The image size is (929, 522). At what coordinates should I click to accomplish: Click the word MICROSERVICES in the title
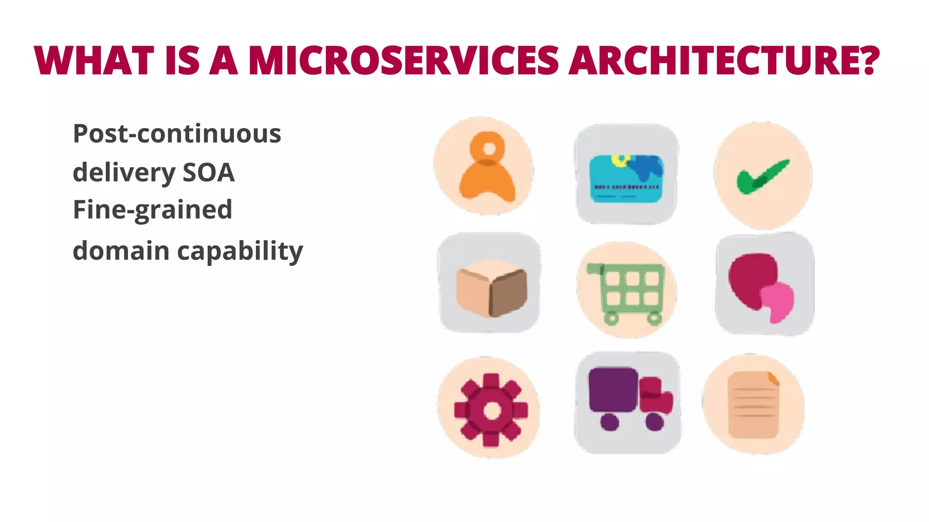pos(404,60)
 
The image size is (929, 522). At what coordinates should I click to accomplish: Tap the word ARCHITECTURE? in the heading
pos(724,60)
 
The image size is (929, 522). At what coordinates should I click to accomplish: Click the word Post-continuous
pos(177,134)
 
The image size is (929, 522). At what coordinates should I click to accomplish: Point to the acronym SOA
pos(208,173)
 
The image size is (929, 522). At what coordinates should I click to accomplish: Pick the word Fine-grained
pos(152,210)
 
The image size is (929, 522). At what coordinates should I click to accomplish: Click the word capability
pos(240,251)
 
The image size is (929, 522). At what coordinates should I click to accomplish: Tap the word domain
pos(121,251)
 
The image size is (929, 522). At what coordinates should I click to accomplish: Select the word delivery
pos(124,173)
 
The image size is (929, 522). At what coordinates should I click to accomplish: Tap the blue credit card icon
pos(626,179)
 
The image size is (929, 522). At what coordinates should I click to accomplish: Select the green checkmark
pos(763,177)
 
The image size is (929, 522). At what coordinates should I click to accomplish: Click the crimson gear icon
pos(491,410)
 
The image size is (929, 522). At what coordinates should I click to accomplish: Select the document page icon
pos(753,405)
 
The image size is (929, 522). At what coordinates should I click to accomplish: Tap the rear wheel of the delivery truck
pos(610,423)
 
